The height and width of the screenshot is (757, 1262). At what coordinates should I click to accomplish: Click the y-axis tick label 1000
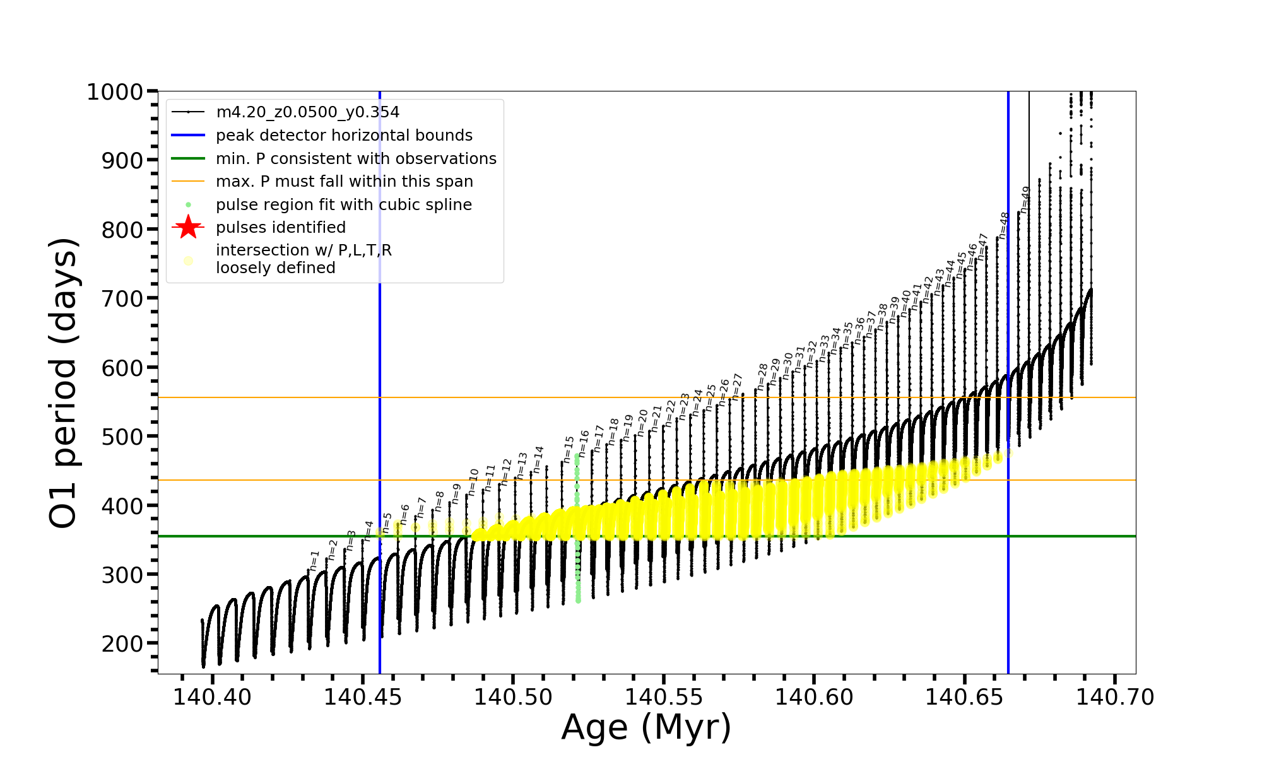coord(115,92)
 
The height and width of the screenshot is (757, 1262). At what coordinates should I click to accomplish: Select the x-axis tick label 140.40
coord(213,697)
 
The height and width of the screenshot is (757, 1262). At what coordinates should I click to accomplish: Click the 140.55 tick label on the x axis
coord(663,697)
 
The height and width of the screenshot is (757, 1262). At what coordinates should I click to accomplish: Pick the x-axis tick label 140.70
coord(1115,697)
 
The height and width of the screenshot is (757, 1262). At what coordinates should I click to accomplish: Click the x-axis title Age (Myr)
coord(646,727)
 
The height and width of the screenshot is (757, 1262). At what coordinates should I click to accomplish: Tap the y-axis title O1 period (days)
coord(63,382)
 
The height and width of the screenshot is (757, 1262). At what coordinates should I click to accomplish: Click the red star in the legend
coord(188,227)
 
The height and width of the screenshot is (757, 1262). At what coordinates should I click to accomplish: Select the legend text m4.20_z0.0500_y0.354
coord(307,112)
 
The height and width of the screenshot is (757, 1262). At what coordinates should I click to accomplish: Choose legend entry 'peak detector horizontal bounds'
coord(344,136)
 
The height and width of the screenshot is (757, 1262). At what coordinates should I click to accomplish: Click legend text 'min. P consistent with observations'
coord(356,159)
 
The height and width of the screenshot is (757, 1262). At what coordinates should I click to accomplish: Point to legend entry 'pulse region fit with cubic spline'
coord(343,205)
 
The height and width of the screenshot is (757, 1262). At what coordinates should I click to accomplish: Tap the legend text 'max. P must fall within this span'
coord(344,182)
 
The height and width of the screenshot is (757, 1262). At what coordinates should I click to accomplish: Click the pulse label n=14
coord(538,460)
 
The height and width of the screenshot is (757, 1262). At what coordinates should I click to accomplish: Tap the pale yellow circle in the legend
coord(188,260)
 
